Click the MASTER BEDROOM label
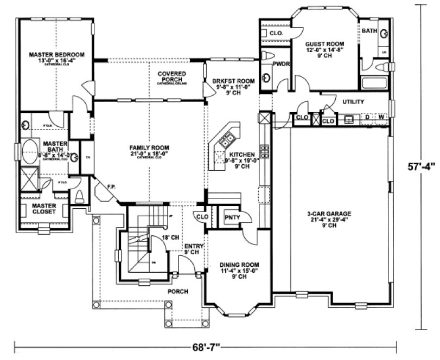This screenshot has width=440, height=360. [56, 55]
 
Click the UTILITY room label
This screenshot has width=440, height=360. [353, 102]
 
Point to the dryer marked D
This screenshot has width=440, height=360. [367, 117]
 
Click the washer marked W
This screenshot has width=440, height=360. [381, 117]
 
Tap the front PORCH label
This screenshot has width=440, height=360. [177, 291]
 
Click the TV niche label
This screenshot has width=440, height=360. [87, 158]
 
